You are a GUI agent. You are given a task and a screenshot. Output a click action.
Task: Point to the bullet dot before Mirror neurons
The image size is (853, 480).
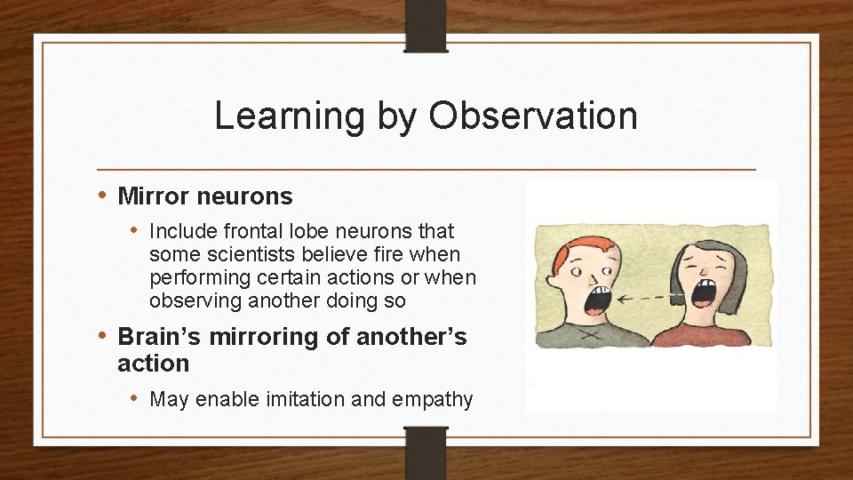click(x=103, y=195)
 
